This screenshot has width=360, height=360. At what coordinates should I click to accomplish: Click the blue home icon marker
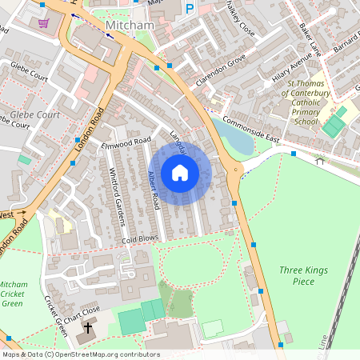coord(180,173)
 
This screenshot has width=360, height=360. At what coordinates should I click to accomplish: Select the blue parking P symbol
coord(190,8)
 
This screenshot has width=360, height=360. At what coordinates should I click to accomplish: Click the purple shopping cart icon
coord(43,22)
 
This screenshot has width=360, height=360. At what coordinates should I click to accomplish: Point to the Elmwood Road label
coord(126,142)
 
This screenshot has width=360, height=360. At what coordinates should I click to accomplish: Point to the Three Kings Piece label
coord(303,276)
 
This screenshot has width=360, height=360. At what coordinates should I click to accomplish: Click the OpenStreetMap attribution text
coord(81,354)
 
